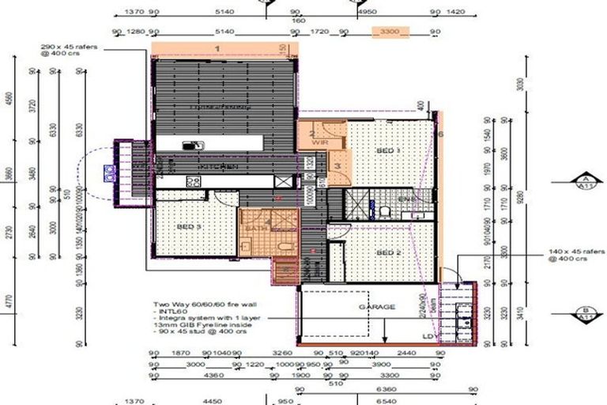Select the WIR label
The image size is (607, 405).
[x=321, y=143]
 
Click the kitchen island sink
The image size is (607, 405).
[x=190, y=146]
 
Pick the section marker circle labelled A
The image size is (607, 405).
[x=586, y=181]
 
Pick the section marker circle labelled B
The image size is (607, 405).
[x=586, y=312]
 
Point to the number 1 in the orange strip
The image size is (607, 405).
[x=216, y=48]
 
